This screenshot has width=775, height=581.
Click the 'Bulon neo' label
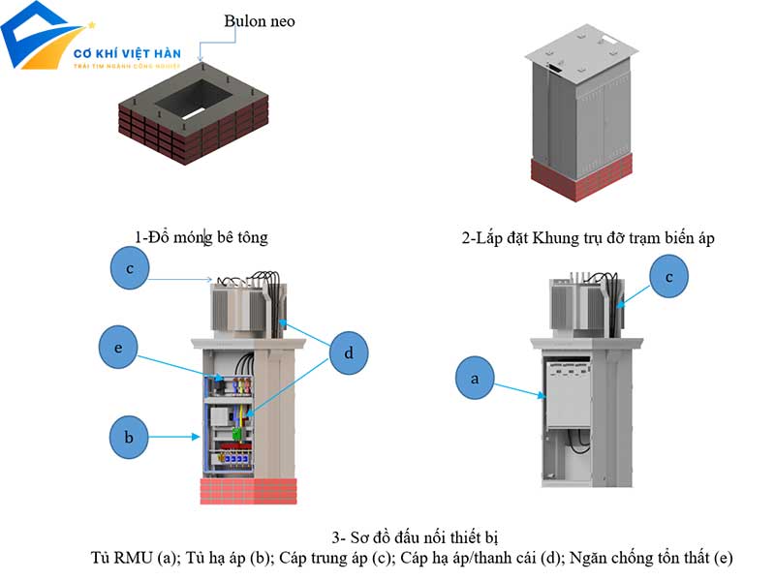[x=259, y=20]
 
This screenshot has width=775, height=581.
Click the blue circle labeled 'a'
[x=475, y=380]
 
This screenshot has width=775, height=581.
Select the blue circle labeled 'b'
[x=129, y=437]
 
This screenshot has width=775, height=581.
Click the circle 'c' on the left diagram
[x=129, y=268]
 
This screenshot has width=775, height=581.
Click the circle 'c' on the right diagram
[x=668, y=277]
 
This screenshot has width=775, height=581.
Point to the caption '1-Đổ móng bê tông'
[x=201, y=236]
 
